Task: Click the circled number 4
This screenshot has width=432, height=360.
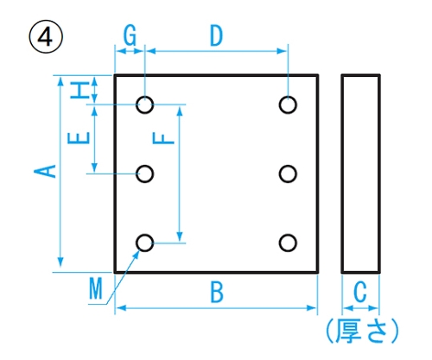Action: (x=46, y=36)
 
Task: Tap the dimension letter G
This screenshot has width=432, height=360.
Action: (x=130, y=35)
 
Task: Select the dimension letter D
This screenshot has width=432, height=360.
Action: (x=216, y=35)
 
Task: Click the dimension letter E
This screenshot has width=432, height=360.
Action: (x=79, y=138)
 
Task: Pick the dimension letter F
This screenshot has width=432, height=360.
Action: (x=163, y=138)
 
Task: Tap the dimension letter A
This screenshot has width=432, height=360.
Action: (x=45, y=171)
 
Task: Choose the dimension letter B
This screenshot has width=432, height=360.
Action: (x=217, y=292)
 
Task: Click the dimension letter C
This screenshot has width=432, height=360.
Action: (x=360, y=292)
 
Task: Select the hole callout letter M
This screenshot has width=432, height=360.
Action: (x=96, y=289)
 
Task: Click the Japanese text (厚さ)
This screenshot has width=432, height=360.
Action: (x=362, y=331)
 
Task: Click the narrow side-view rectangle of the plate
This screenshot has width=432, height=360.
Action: (x=342, y=174)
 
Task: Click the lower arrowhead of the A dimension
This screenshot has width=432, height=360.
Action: (x=60, y=262)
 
